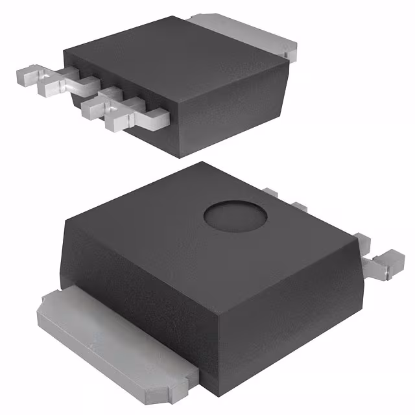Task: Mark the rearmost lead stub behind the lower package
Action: (x=270, y=192)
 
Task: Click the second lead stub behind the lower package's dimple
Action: (x=298, y=206)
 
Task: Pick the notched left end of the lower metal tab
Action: (x=49, y=305)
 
